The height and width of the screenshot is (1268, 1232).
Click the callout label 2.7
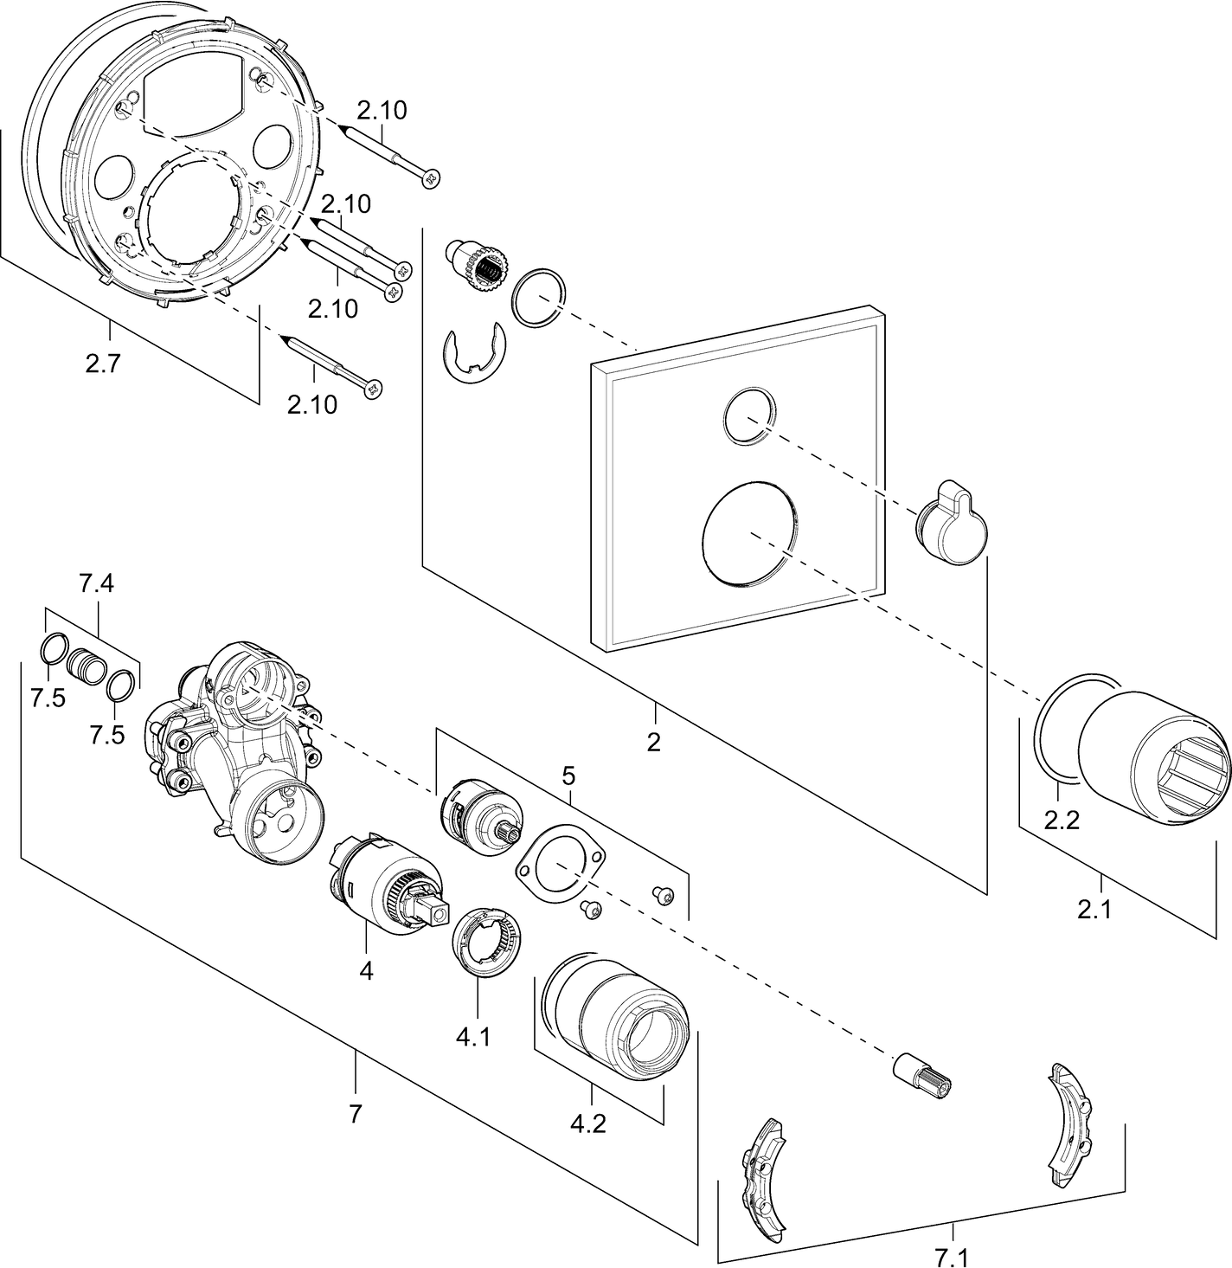tap(103, 363)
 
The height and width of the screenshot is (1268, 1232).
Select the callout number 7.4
tap(96, 584)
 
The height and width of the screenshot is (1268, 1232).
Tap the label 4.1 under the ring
tap(473, 1038)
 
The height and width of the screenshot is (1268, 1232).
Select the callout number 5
tap(568, 776)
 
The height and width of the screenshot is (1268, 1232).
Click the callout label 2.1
tap(1094, 909)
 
